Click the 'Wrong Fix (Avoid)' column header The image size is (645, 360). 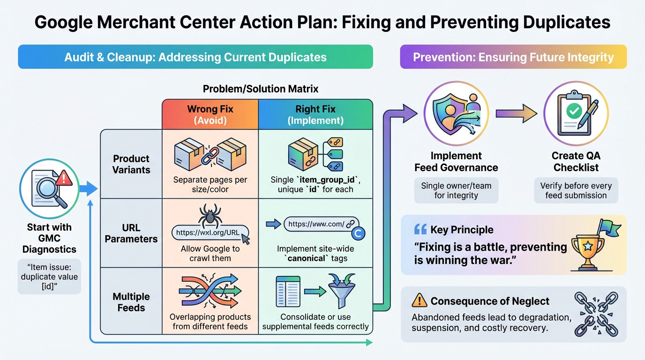(210, 114)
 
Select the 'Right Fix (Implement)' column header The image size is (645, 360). (315, 114)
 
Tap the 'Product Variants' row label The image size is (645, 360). (131, 164)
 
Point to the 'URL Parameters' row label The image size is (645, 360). (131, 233)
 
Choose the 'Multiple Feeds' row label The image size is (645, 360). (131, 302)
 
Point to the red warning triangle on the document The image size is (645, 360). (64, 178)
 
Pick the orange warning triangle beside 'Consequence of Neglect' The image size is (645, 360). (419, 300)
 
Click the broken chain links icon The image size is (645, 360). (597, 314)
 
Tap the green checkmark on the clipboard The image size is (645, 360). (574, 111)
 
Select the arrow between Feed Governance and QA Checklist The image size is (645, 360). (516, 113)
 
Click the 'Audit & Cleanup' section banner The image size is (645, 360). (195, 57)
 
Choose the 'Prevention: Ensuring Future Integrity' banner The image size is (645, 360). (513, 57)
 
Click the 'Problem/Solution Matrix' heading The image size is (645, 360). (261, 89)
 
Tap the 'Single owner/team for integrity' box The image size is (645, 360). (456, 190)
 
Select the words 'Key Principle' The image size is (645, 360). (462, 230)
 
